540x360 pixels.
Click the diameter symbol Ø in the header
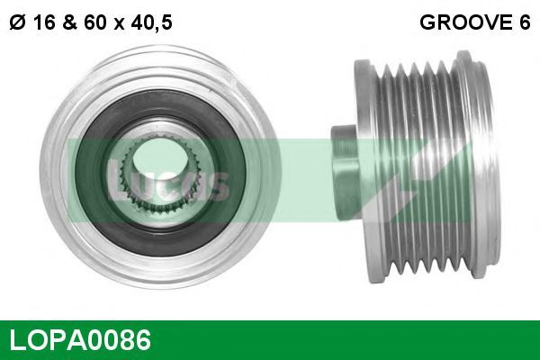pyautogui.click(x=17, y=22)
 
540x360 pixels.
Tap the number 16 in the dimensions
pyautogui.click(x=45, y=22)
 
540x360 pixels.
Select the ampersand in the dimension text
pyautogui.click(x=69, y=22)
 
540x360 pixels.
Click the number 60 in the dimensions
pyautogui.click(x=94, y=22)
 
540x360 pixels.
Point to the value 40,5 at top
pyautogui.click(x=151, y=23)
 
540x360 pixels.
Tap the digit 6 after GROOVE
pyautogui.click(x=524, y=22)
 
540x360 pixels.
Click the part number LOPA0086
pyautogui.click(x=80, y=339)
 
